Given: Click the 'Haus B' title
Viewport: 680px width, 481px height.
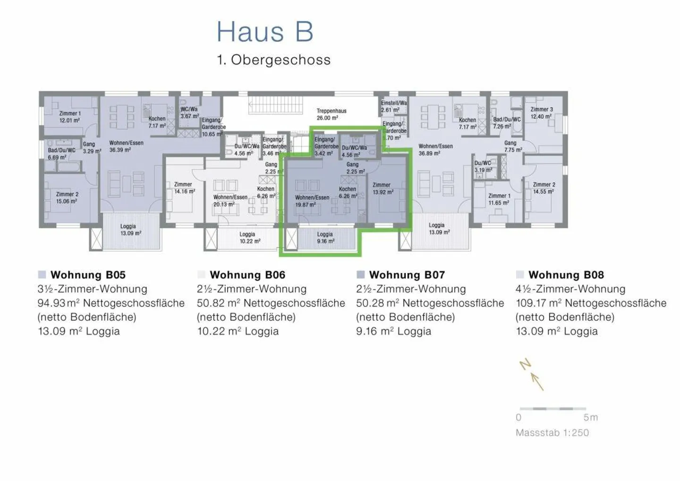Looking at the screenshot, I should pos(265,32).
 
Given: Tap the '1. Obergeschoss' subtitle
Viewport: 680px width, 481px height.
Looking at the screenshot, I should pos(273,60).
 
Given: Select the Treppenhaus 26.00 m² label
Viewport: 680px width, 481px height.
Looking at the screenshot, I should pos(331,114).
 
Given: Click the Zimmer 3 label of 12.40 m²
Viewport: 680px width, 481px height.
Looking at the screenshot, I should pos(541,113).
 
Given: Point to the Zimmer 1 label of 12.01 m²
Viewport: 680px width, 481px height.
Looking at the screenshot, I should pos(69,117).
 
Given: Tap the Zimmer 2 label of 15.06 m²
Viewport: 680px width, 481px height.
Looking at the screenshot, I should pos(67,198).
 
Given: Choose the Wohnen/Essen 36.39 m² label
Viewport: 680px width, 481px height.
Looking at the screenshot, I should pos(126,146).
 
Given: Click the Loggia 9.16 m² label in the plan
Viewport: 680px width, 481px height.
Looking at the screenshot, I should pos(325,238).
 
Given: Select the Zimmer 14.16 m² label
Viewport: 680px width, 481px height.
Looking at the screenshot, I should pos(184,188).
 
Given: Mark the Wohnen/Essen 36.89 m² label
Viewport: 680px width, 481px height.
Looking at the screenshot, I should pos(435,150).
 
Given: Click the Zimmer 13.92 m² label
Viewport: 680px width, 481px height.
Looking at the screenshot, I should pos(382,189).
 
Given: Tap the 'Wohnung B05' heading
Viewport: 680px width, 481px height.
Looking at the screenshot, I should pos(88,275).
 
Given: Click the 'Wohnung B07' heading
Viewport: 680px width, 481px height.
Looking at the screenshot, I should pos(407,275).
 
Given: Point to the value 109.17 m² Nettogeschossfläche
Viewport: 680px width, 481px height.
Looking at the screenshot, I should pos(591,303).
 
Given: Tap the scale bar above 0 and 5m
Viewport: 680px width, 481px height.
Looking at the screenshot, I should pos(552,408).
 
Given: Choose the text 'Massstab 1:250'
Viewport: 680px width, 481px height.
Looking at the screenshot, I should pos(552,433).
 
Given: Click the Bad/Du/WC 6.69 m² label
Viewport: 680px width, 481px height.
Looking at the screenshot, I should pos(61,154).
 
